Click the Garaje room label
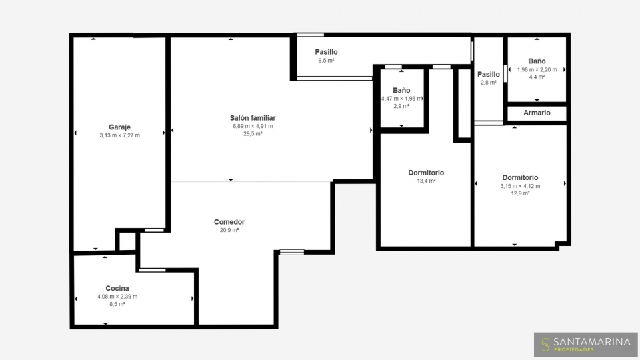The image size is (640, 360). point(119,127)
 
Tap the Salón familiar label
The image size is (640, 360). point(253,118)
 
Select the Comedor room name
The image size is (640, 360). point(229,222)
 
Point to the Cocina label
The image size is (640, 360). point(117,288)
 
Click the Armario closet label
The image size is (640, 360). point(537,113)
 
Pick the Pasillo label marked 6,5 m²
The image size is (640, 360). point(326,52)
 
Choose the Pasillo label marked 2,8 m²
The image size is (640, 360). point(489,74)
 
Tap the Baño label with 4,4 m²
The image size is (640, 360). point(537,61)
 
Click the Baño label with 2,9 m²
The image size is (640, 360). point(401,90)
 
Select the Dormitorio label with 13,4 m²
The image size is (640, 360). point(426,173)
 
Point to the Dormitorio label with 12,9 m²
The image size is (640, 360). point(520,177)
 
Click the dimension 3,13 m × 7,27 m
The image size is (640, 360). point(119,135)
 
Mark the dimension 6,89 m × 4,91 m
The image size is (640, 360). point(253,126)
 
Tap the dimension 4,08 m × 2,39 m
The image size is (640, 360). point(117,297)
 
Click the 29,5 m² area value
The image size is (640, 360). point(253,133)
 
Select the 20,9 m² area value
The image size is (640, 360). point(229,230)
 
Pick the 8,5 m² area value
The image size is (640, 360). point(117,304)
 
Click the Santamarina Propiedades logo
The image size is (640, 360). point(586,345)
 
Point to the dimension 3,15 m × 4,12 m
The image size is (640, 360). point(520,186)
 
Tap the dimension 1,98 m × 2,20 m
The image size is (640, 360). point(537,70)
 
